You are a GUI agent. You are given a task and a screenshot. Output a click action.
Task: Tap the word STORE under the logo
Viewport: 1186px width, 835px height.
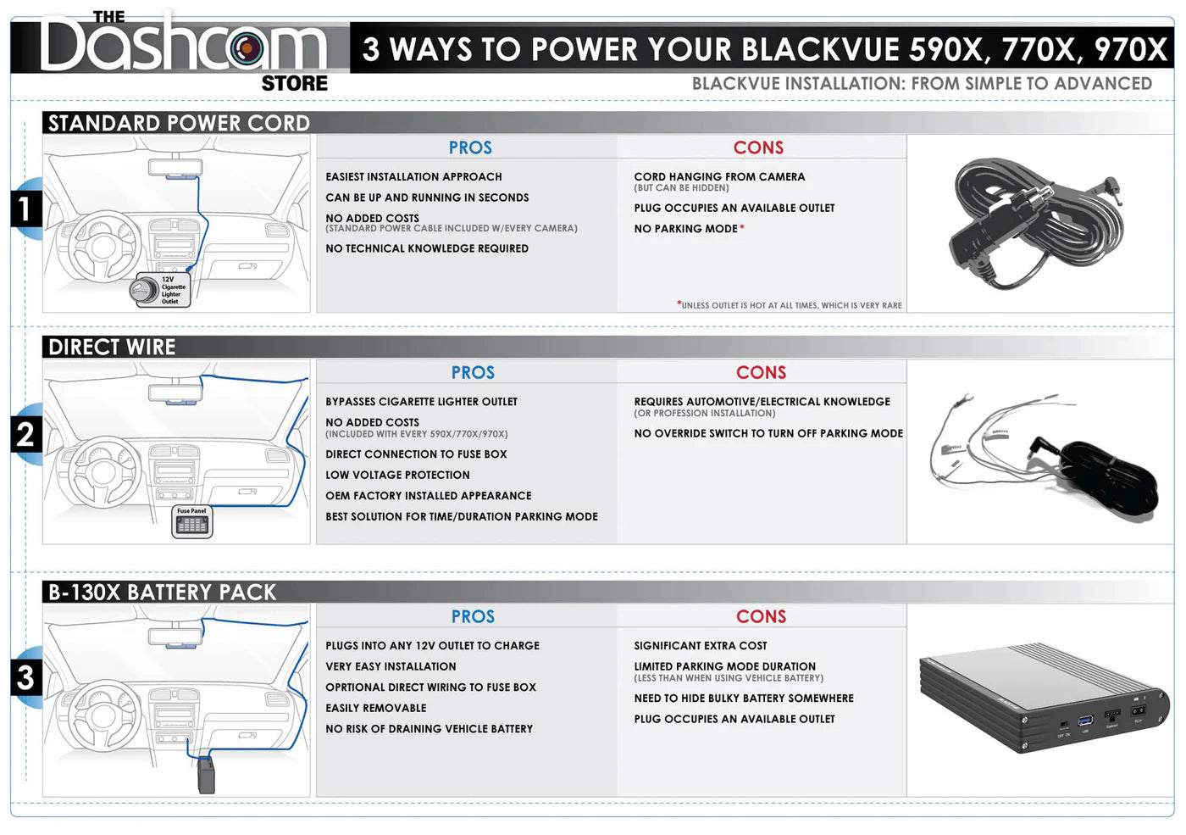(294, 83)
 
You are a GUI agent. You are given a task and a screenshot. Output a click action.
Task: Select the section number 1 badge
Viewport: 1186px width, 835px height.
(25, 209)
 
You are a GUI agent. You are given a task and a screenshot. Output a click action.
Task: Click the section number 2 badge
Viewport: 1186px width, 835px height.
(25, 435)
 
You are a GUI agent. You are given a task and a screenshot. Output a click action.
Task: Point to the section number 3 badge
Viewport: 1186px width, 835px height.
(25, 678)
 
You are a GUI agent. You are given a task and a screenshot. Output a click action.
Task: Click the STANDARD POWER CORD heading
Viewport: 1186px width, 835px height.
(179, 123)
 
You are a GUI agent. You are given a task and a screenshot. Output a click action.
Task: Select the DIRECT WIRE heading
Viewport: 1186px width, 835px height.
(112, 347)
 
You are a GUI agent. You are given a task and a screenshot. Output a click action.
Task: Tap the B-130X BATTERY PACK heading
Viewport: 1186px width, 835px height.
(162, 592)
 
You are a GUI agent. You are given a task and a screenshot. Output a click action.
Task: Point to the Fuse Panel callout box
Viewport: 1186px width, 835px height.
(192, 522)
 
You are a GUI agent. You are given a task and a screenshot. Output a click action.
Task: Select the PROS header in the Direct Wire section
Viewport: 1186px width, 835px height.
(473, 372)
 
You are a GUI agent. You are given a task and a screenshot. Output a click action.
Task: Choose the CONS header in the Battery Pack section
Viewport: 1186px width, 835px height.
(761, 616)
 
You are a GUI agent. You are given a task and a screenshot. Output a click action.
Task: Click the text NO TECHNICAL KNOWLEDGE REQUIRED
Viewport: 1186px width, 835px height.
(427, 248)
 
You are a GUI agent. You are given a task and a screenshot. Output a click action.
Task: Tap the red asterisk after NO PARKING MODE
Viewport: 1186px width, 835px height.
(742, 227)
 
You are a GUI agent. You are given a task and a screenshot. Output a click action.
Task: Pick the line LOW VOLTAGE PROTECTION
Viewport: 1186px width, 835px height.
(397, 475)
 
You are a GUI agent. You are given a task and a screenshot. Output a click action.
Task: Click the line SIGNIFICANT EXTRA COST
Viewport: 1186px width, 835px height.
(700, 646)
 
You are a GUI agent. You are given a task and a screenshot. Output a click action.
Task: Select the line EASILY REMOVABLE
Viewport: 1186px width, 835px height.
(375, 708)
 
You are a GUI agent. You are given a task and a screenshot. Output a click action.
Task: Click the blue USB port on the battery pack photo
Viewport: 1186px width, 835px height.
(1085, 721)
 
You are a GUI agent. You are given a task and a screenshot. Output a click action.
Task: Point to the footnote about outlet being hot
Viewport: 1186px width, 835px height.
(790, 305)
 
